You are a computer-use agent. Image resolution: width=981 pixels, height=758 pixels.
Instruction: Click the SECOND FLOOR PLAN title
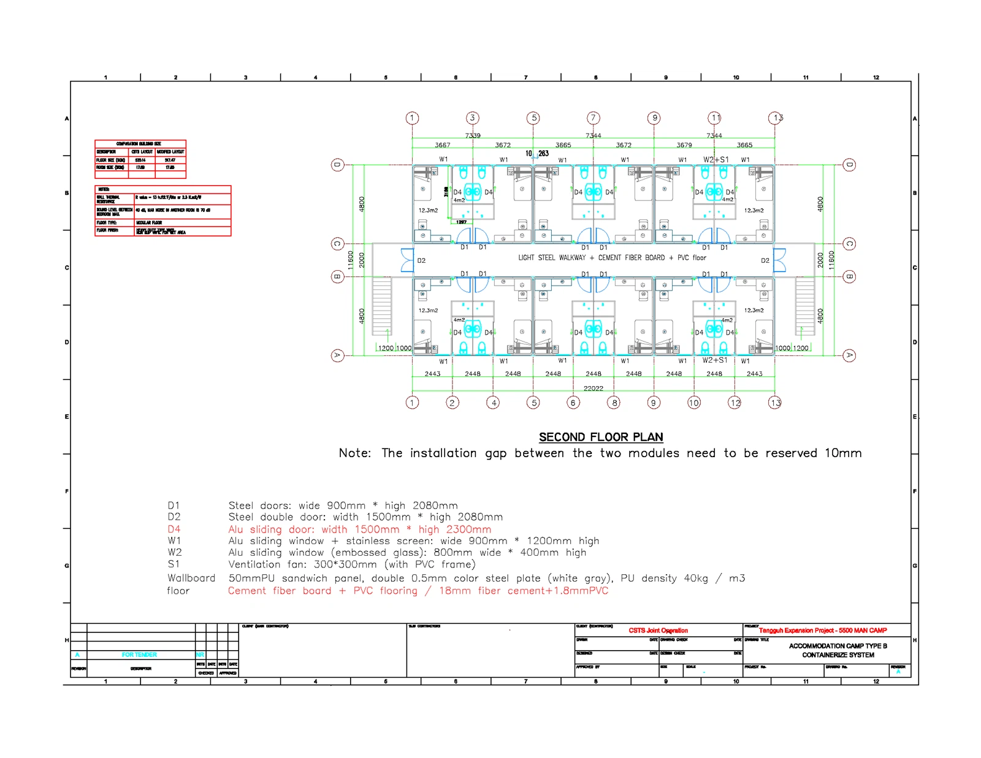600,437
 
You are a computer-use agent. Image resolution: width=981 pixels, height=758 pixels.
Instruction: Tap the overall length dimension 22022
593,388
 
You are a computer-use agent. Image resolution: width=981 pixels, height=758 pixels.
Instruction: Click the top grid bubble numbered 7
593,118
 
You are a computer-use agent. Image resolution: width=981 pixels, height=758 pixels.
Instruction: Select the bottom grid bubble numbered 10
693,403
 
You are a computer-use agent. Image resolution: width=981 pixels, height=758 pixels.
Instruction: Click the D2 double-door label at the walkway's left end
421,260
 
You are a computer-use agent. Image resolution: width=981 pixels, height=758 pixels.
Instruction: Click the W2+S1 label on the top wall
716,159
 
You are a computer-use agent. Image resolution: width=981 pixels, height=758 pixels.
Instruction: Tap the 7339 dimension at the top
473,135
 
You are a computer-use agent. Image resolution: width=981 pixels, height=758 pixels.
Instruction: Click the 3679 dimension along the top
684,145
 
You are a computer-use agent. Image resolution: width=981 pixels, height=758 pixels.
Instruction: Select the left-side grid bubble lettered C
337,244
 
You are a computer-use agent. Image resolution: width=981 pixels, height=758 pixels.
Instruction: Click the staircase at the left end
381,306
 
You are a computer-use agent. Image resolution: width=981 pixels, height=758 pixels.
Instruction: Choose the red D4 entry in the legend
174,529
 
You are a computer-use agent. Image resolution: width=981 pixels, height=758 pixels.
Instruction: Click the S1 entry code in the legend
174,564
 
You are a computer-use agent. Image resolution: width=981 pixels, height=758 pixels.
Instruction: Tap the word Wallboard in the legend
191,578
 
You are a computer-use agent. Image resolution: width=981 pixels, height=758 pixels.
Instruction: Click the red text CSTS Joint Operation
658,630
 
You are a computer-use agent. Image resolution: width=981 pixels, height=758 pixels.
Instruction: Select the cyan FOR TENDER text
139,654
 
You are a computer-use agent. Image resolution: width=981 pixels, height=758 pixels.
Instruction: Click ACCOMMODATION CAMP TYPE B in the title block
838,646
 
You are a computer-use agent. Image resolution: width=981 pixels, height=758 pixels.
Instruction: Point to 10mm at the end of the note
842,453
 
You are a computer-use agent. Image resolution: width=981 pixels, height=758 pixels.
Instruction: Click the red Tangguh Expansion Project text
822,630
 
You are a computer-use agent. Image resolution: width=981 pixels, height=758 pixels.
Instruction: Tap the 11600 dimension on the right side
831,260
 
